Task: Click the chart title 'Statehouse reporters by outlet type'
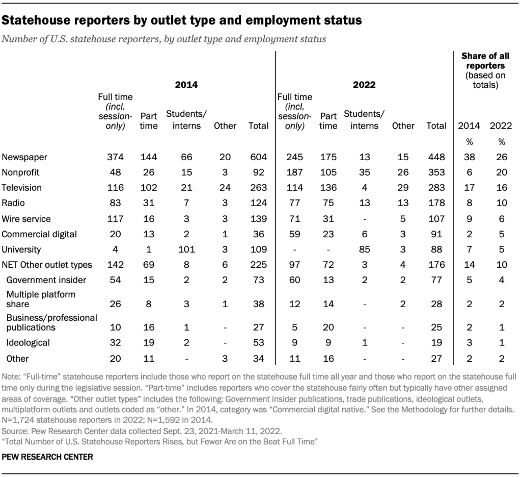(182, 20)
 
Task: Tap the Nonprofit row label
(21, 172)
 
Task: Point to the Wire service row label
(26, 219)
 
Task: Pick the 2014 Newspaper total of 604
(259, 157)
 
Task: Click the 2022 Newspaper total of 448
(436, 157)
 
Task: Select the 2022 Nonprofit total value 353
(436, 172)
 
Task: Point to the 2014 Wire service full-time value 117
(116, 219)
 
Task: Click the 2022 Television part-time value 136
(328, 188)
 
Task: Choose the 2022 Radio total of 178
(436, 203)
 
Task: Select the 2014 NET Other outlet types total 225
(259, 265)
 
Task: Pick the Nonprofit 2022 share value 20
(502, 172)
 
